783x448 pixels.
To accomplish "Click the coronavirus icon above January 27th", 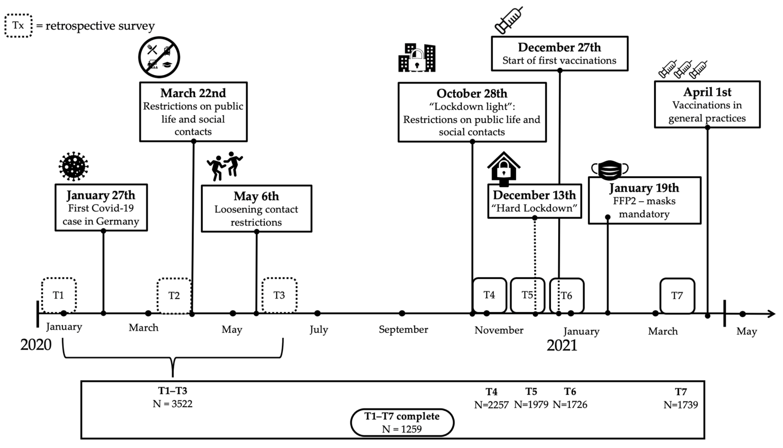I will (x=74, y=166).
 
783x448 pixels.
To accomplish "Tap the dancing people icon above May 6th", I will (x=225, y=166).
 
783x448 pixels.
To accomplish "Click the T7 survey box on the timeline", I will (x=677, y=295).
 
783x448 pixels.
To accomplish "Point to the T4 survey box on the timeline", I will (x=489, y=295).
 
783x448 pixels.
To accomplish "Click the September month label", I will (x=403, y=330).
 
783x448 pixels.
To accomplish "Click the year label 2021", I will (x=562, y=345).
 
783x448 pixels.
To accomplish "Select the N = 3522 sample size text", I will (x=172, y=404).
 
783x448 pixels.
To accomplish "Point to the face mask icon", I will (x=610, y=169).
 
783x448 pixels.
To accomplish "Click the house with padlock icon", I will (x=504, y=169).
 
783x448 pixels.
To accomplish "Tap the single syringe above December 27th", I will (x=509, y=20).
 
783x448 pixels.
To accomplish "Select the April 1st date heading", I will (x=707, y=92).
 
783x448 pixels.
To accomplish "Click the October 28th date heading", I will (x=472, y=93).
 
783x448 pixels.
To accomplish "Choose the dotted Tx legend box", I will (x=19, y=25).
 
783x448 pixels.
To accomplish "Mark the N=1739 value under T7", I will (x=681, y=405).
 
